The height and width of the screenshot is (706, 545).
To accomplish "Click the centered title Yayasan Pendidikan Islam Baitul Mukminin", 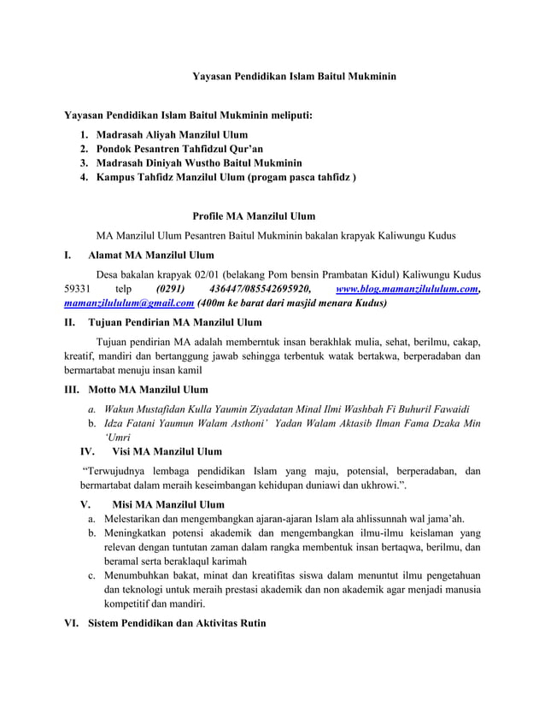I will click(x=294, y=77).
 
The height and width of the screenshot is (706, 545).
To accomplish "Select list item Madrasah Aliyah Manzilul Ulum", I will click(x=172, y=134).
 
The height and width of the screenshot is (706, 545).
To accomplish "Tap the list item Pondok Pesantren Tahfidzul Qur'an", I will click(x=167, y=149).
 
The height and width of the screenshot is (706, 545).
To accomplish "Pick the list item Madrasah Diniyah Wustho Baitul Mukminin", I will click(x=199, y=162).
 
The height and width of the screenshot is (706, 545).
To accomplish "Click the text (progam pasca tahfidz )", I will click(x=302, y=177).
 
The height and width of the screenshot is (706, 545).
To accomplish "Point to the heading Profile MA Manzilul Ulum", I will click(x=254, y=216).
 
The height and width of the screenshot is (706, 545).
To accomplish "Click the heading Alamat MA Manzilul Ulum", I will click(x=150, y=255).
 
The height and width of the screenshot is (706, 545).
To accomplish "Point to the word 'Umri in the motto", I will click(x=117, y=436).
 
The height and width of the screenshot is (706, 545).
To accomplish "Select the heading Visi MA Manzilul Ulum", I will click(x=167, y=451).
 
